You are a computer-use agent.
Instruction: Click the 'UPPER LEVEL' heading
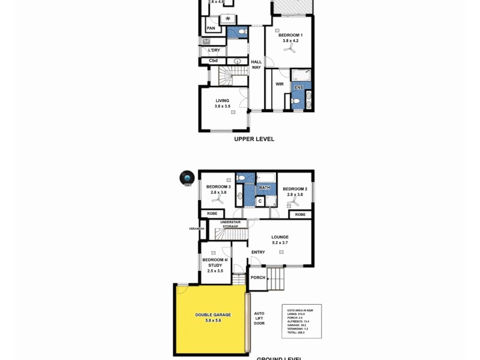click(254, 139)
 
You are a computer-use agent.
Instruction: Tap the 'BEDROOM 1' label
click(290, 35)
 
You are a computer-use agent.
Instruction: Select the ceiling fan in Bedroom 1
click(290, 51)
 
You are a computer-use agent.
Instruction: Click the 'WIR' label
click(280, 84)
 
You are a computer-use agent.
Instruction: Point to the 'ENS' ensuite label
click(298, 88)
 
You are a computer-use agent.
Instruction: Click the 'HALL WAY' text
click(256, 64)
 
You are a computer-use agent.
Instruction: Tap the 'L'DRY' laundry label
click(213, 50)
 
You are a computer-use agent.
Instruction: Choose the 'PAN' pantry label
click(211, 28)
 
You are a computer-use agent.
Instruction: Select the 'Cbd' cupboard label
click(213, 61)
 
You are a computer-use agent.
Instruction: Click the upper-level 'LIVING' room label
click(223, 100)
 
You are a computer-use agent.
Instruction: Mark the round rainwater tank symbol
click(188, 178)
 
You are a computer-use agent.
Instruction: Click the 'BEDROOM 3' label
click(218, 187)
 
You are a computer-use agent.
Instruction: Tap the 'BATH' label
click(264, 188)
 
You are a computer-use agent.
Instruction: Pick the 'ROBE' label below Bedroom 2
click(300, 214)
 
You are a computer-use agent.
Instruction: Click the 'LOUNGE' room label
click(280, 237)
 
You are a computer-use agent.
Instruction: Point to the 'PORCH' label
click(258, 277)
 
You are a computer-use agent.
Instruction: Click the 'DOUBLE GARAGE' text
click(213, 314)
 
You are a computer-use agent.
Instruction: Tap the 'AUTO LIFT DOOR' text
click(259, 318)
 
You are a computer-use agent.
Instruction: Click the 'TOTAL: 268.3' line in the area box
click(296, 332)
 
